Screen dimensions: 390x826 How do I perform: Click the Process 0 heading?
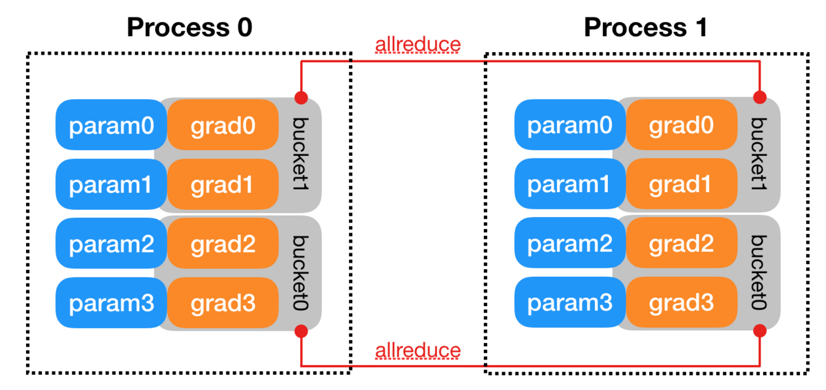point(189,27)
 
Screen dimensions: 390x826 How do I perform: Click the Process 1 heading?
point(645,27)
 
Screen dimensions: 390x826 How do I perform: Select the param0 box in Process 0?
point(111,125)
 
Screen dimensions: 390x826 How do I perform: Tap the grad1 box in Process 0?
point(223,185)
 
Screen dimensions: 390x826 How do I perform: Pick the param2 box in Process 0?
point(111,244)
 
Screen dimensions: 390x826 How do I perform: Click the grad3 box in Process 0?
point(223,303)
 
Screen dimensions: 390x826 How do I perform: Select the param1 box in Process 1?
point(570,185)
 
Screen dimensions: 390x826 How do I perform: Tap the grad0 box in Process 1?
point(681,125)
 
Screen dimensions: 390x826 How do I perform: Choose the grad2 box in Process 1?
point(681,244)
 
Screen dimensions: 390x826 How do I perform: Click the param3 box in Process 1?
point(570,303)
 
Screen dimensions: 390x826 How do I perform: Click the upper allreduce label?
point(418,45)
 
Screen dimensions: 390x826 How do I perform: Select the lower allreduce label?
point(418,351)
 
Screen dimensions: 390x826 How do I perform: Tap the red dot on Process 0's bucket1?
point(301,98)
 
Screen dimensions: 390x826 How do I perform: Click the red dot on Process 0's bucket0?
point(301,331)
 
